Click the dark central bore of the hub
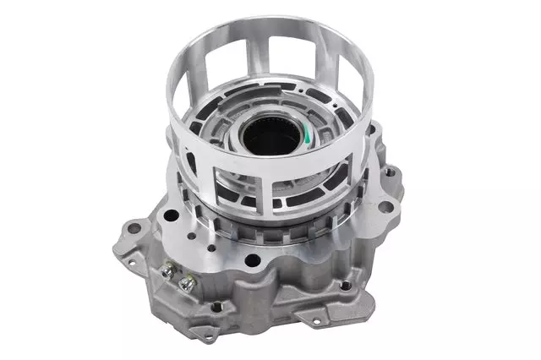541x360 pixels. pos(269,136)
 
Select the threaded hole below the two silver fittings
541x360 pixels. pos(217,306)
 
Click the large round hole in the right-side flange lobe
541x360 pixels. pos(385,205)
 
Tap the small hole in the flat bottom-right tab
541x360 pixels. pos(317,321)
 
